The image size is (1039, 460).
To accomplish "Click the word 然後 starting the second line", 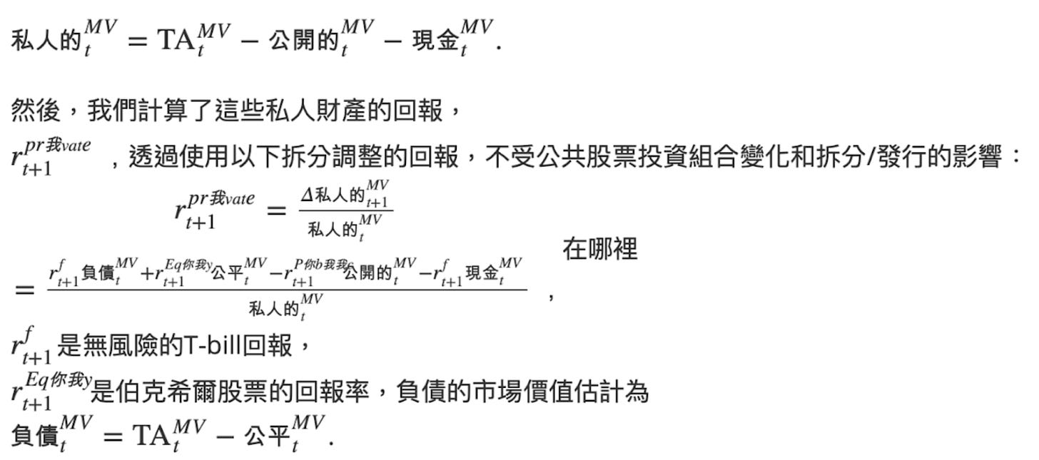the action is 35,111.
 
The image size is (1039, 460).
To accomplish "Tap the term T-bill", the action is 213,346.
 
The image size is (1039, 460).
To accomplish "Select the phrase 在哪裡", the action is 599,250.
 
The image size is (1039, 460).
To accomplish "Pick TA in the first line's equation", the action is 173,40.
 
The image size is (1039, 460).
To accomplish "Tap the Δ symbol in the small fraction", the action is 306,196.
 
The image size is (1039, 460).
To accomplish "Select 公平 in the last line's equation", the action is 265,436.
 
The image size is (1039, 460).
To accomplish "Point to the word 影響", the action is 976,158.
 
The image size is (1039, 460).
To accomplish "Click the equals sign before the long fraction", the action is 24,290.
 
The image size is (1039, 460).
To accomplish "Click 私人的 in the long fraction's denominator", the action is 273,310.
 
